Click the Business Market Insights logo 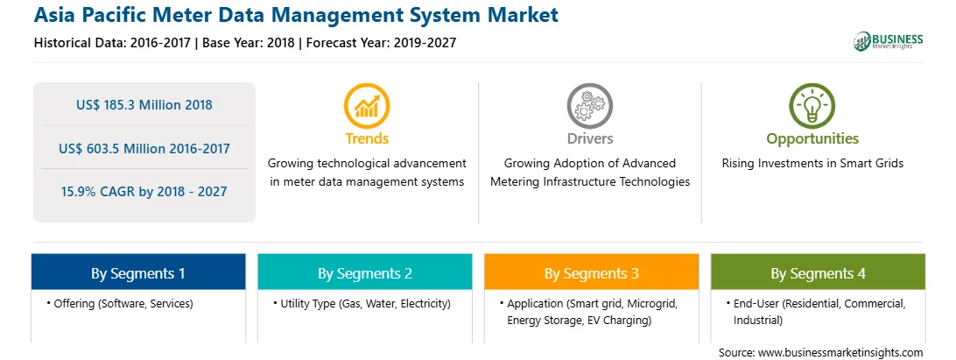[x=889, y=41]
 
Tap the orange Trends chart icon [x=367, y=105]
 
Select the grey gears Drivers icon [x=589, y=105]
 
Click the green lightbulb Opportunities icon [x=812, y=105]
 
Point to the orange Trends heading [x=367, y=138]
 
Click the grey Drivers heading [x=590, y=138]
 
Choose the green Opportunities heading [x=812, y=139]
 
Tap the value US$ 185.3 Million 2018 [x=144, y=104]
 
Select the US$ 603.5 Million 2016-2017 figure [x=144, y=148]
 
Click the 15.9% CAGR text [x=144, y=192]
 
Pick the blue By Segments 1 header [x=138, y=273]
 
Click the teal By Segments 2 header [x=364, y=273]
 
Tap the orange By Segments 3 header [x=592, y=273]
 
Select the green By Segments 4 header [x=819, y=273]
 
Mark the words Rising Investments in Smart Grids [x=812, y=163]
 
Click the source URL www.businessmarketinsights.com [x=840, y=352]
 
